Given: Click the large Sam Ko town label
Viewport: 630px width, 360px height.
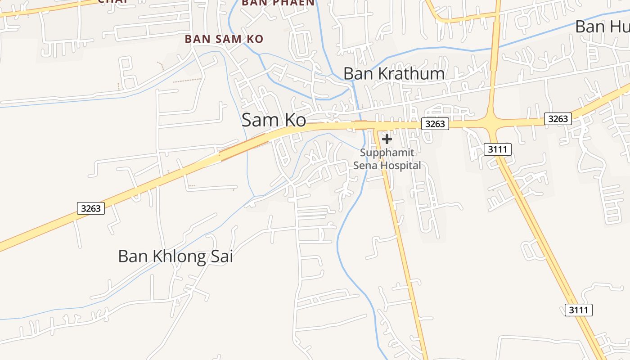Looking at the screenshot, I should point(274,120).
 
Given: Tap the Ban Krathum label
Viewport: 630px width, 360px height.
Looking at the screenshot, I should point(394,73).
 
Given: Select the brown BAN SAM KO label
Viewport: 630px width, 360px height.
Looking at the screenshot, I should point(224,39).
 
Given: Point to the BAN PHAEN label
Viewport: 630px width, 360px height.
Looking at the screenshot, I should point(278,3).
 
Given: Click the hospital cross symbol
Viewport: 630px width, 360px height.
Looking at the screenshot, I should point(387,139).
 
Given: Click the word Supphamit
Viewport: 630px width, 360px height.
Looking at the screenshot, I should point(387,153).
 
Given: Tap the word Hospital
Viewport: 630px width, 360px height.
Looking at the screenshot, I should point(400,166).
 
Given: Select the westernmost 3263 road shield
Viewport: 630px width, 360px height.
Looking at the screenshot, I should point(91,208).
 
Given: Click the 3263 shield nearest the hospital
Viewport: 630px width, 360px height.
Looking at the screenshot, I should point(435,124).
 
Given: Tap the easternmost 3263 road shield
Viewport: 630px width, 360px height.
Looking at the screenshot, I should point(558,119).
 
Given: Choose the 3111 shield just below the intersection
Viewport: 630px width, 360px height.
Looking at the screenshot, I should point(498,149).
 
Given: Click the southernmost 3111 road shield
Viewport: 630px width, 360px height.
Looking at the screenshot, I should point(578,310).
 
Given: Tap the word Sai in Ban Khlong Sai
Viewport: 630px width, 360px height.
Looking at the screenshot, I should point(222,256).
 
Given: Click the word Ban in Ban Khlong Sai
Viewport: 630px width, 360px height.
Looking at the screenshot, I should point(132,256).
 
